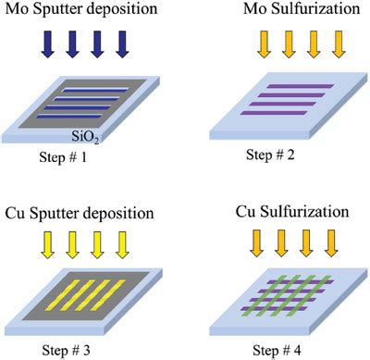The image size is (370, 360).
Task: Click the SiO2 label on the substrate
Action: point(85,136)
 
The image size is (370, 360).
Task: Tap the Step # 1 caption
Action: point(63,157)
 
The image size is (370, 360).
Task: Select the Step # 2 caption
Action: point(270,155)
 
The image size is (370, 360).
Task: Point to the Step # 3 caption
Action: point(66,351)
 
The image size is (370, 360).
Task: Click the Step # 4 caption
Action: point(277,351)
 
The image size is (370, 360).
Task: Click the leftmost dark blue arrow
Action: point(48,44)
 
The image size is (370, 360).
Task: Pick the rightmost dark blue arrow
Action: point(122,44)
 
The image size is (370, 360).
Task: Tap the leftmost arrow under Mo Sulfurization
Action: point(264,44)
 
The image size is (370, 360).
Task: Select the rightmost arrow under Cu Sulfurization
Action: point(331,243)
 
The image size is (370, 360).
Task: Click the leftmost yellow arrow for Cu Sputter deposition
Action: point(48,245)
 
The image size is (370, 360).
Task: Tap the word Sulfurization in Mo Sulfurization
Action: point(315,8)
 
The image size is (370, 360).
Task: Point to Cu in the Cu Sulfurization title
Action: point(246,212)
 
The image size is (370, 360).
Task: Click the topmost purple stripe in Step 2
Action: point(300,86)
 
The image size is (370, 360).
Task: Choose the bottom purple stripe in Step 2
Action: point(274,113)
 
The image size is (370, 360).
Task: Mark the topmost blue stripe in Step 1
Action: point(94,90)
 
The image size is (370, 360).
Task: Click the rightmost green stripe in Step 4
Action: point(309,295)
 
